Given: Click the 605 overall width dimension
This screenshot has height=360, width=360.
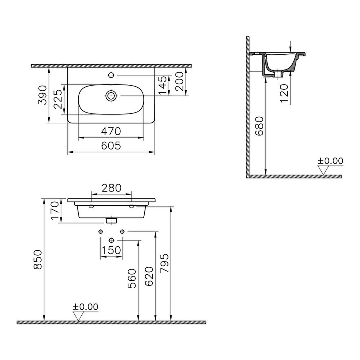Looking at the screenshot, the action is point(111,146).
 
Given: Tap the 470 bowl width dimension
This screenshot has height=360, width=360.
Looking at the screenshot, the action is point(111,131).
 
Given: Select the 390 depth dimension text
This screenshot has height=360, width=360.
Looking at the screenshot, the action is point(42,95).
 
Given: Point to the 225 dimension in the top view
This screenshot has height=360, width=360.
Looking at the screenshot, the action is point(58,99).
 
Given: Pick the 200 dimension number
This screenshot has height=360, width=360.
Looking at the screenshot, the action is point(179,82).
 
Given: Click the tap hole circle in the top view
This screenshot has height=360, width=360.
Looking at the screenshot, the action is point(111,75).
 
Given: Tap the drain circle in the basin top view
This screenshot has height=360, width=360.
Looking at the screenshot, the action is point(111,96).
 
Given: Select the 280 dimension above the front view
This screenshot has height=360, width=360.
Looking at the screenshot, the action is point(111,188).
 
